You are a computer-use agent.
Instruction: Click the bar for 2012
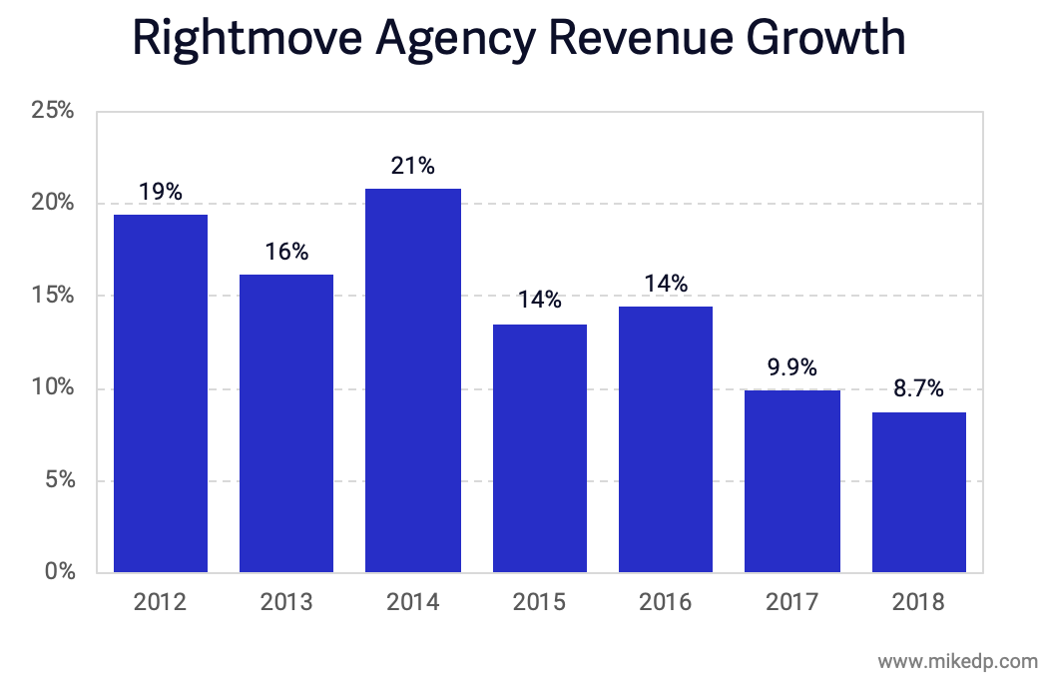(161, 393)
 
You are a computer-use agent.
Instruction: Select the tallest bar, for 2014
(413, 380)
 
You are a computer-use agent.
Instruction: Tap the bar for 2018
(918, 492)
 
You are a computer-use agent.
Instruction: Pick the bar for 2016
(666, 439)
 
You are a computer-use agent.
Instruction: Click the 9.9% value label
(792, 367)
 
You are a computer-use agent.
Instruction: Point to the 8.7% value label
(918, 389)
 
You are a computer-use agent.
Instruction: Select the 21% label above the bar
(413, 166)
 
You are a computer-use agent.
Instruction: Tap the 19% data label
(161, 192)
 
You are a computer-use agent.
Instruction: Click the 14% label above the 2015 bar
(539, 301)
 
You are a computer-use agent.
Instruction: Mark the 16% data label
(286, 252)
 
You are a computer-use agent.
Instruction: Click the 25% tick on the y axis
(53, 110)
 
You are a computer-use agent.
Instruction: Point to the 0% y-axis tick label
(58, 573)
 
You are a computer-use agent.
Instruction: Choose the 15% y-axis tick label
(53, 296)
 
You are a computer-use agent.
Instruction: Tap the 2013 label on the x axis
(286, 603)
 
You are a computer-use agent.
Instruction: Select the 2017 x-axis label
(792, 603)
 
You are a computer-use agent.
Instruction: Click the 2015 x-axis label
(539, 603)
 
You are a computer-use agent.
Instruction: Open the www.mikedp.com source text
(957, 660)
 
